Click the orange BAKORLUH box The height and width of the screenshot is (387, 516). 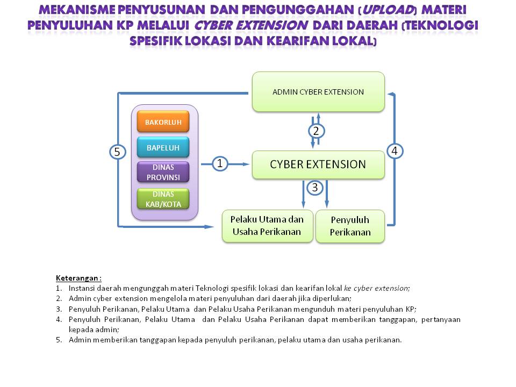[x=163, y=121]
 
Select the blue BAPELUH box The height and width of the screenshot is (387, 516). [x=163, y=147]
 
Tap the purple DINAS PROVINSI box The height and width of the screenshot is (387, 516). [x=163, y=172]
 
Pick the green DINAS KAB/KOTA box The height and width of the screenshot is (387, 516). [x=163, y=198]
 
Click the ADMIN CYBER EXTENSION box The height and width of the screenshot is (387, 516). [x=318, y=92]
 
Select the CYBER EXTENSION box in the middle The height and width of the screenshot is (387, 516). [x=318, y=164]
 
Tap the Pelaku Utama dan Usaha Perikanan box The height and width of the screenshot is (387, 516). [x=267, y=226]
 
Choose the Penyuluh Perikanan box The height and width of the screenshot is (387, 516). [x=350, y=226]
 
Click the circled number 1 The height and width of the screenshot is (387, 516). [x=219, y=163]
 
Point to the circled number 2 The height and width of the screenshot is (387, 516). [x=316, y=131]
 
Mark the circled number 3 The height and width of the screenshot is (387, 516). [x=315, y=188]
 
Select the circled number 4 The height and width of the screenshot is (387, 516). [x=395, y=151]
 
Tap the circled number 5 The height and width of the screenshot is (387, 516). [x=117, y=152]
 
